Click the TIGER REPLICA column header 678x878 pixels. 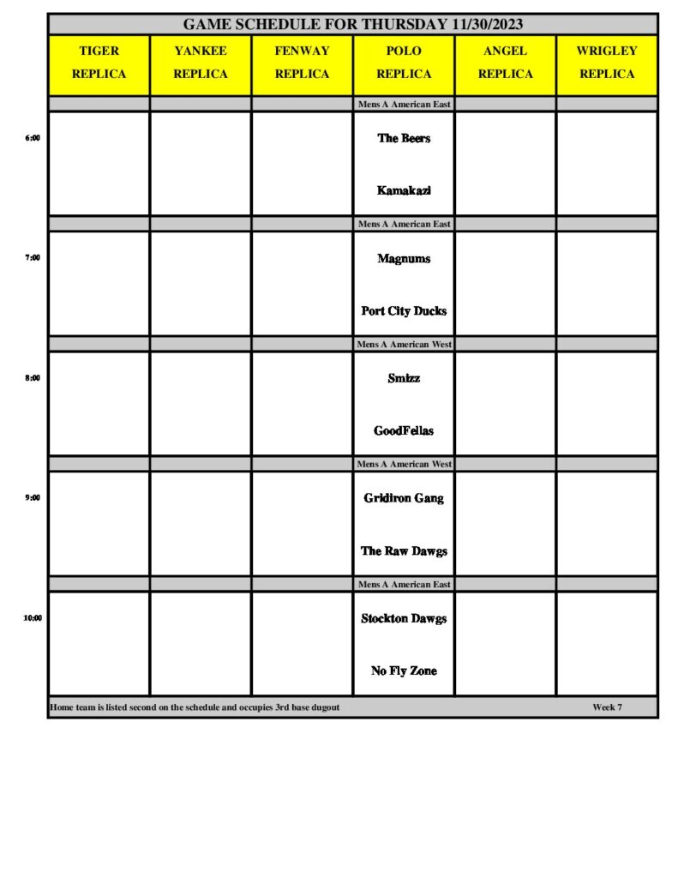point(99,63)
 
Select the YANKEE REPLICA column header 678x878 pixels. point(201,63)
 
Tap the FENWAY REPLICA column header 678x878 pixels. point(302,63)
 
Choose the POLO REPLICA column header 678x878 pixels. point(404,63)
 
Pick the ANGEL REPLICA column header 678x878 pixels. point(505,63)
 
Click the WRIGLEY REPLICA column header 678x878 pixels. point(607,63)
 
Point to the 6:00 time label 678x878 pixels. point(33,137)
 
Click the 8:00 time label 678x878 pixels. point(33,377)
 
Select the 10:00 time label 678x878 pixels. point(33,617)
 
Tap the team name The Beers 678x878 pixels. point(404,138)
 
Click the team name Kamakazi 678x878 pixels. point(404,190)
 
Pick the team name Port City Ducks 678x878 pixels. point(404,311)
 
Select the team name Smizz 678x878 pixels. point(404,378)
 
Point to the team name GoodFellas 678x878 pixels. point(404,431)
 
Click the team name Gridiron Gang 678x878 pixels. point(404,498)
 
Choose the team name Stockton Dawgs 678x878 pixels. point(404,618)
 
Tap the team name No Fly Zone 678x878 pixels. point(404,671)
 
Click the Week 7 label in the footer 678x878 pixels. point(607,707)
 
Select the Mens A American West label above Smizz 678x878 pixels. point(404,344)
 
